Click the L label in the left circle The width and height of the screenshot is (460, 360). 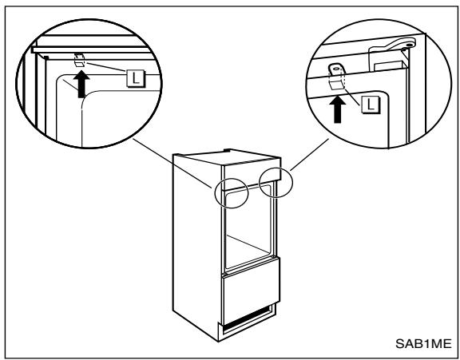tap(136, 78)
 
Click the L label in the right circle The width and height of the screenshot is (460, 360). tap(371, 105)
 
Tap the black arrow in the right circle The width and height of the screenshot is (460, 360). tap(338, 109)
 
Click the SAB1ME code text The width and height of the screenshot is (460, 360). tap(423, 343)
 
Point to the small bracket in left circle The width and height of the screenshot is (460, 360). tap(79, 60)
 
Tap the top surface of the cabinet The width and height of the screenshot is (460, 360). tap(228, 156)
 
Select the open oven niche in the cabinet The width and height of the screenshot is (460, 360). tap(248, 227)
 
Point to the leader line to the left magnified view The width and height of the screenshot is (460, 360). tap(172, 163)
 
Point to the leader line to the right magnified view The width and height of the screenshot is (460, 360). tap(310, 155)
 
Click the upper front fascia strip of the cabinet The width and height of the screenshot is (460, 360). tap(252, 173)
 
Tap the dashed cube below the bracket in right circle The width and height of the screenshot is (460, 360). tap(337, 82)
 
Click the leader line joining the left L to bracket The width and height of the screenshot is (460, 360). tap(106, 66)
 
